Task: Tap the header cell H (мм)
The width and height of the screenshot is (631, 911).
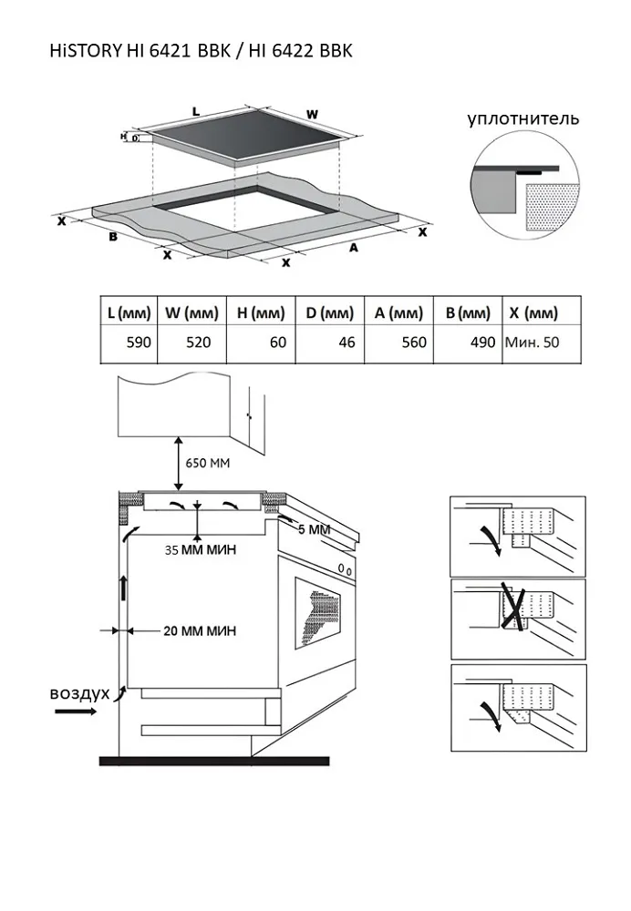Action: click(x=261, y=313)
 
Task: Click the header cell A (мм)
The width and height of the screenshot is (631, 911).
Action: click(x=398, y=313)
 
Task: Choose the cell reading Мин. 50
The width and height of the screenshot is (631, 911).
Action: click(x=531, y=343)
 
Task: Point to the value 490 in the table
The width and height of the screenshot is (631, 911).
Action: click(x=466, y=343)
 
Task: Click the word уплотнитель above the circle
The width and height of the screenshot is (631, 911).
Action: click(x=523, y=118)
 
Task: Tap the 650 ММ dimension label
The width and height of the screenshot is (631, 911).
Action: click(x=208, y=463)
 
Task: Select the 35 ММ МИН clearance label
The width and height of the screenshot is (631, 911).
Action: click(x=201, y=549)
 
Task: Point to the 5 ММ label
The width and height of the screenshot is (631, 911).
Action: click(x=313, y=528)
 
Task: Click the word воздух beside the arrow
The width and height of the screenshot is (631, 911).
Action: click(x=79, y=693)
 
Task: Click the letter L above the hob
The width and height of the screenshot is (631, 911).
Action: click(x=195, y=110)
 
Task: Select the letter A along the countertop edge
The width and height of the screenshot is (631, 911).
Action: click(x=353, y=247)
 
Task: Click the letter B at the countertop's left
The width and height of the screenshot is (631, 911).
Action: click(x=113, y=237)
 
